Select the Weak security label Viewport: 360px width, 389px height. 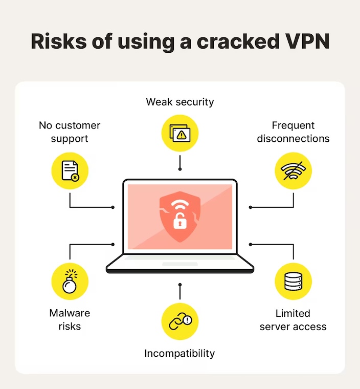tap(180, 102)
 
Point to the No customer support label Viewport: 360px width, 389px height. tap(70, 132)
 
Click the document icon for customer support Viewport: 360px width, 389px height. tap(70, 170)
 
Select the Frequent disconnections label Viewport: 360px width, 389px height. tap(293, 132)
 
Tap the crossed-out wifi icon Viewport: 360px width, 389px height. tap(293, 170)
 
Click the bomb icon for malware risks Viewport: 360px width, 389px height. tap(70, 282)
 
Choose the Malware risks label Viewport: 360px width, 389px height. tap(70, 319)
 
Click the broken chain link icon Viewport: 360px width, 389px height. tap(180, 321)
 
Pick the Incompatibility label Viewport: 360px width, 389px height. tap(179, 353)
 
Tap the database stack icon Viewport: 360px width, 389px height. tap(293, 282)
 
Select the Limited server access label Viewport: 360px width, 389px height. tap(293, 319)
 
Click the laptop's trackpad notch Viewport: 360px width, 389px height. tap(179, 264)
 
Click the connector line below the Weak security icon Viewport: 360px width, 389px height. tap(180, 163)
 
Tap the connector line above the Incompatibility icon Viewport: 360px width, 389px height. tap(180, 291)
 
